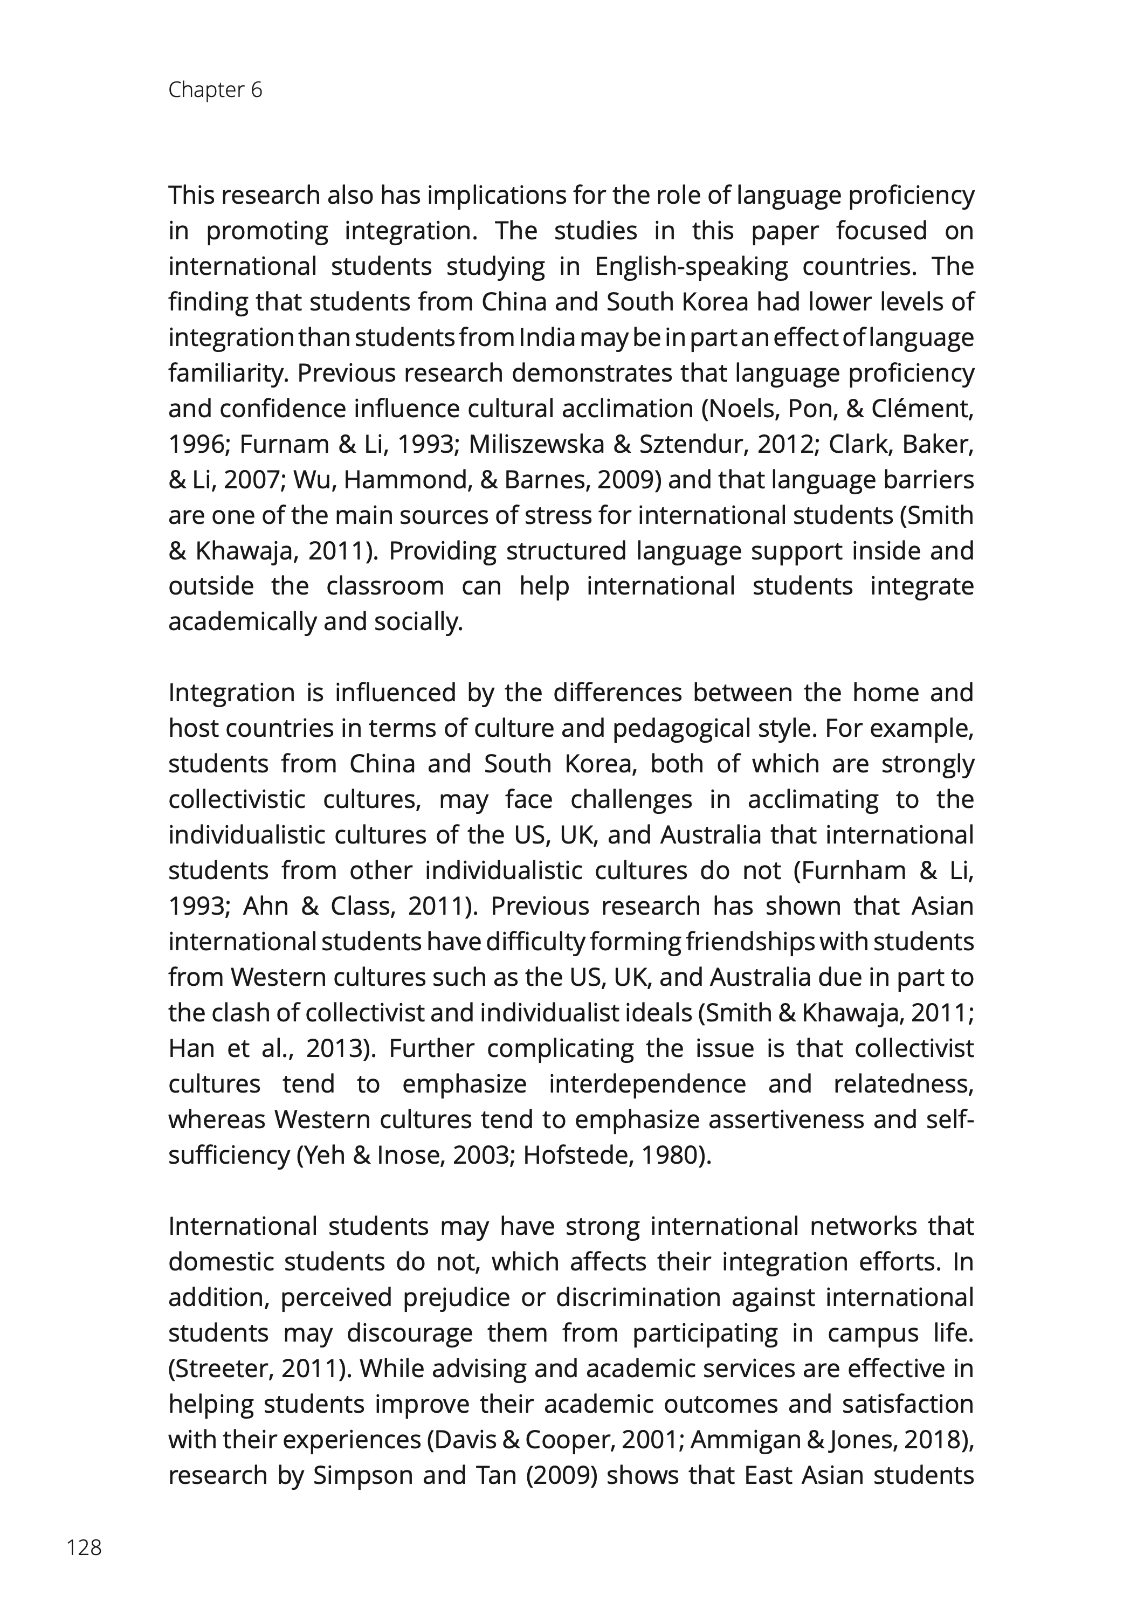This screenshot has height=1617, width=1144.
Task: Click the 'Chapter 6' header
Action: (x=215, y=90)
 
